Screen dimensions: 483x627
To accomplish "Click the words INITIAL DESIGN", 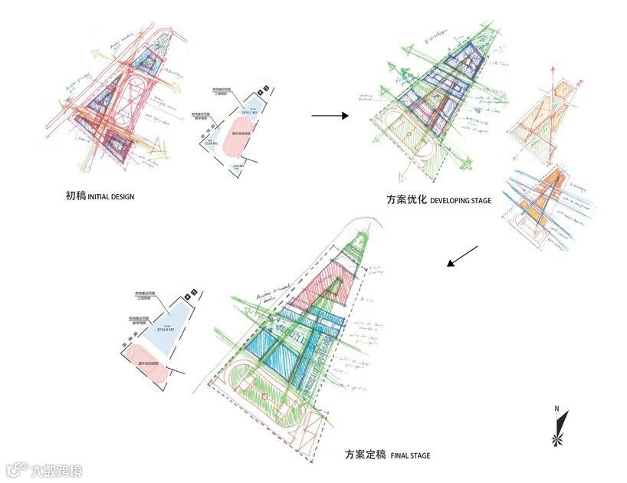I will [x=111, y=197].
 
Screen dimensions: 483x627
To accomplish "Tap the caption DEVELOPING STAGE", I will [x=460, y=201].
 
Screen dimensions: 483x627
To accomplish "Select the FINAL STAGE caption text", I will [x=410, y=456].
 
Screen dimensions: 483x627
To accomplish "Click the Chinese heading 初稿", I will [x=76, y=196].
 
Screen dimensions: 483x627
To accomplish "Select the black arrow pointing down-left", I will [x=462, y=257].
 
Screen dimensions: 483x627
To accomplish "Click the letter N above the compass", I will [x=557, y=408].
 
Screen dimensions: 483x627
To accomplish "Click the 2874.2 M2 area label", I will [x=250, y=114].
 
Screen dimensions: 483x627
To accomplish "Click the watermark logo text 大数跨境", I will [x=55, y=469].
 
